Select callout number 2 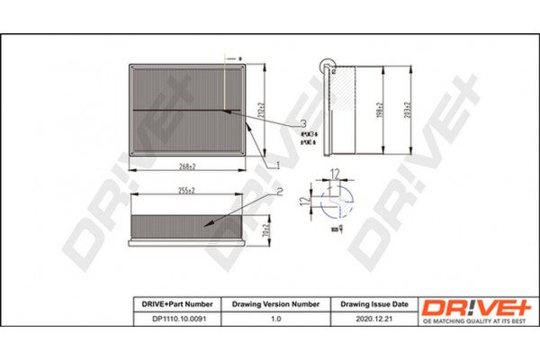coord(280,191)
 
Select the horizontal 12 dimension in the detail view coord(335,172)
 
